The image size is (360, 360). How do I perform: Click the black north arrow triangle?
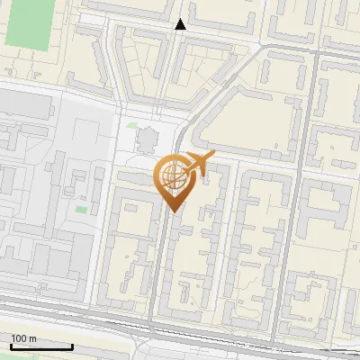(181, 24)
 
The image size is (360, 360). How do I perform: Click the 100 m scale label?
(23, 338)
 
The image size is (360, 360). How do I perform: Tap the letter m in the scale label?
(32, 338)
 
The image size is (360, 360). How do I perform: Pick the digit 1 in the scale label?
(13, 338)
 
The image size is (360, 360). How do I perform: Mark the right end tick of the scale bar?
(73, 345)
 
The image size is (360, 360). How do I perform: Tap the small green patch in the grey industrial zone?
(82, 210)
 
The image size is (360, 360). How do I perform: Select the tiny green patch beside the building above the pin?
(131, 126)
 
